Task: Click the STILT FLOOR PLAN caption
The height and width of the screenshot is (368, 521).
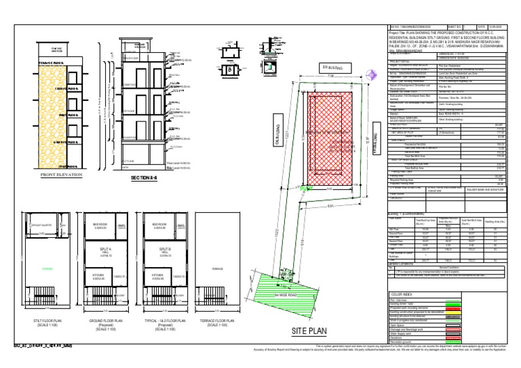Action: pyautogui.click(x=50, y=321)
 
